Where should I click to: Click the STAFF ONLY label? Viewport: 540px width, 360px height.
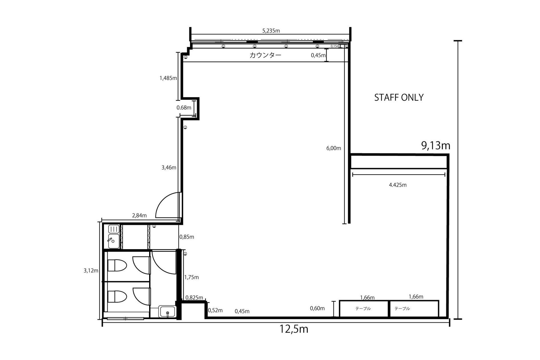[x=399, y=97]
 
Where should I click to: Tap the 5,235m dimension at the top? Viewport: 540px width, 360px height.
[x=271, y=31]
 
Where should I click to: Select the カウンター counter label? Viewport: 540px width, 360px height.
[x=265, y=55]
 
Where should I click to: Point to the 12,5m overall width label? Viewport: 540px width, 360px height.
[x=294, y=329]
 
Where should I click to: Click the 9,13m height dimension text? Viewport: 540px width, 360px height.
[x=436, y=146]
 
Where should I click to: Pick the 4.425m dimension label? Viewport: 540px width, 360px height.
[x=398, y=185]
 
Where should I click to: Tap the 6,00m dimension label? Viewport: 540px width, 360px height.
[x=334, y=148]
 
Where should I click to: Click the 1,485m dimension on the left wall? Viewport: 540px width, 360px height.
[x=168, y=78]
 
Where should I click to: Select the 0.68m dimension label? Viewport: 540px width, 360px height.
[x=184, y=108]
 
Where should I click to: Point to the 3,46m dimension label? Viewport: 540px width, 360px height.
[x=169, y=168]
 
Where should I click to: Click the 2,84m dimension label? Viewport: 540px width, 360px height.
[x=139, y=215]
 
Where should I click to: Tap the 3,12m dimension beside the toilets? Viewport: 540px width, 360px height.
[x=91, y=271]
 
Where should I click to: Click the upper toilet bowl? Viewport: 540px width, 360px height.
[x=117, y=265]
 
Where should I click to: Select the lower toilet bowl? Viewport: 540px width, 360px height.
[x=117, y=297]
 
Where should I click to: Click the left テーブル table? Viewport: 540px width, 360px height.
[x=364, y=309]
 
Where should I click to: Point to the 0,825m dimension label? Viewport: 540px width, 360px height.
[x=194, y=298]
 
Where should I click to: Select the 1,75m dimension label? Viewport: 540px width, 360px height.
[x=191, y=277]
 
